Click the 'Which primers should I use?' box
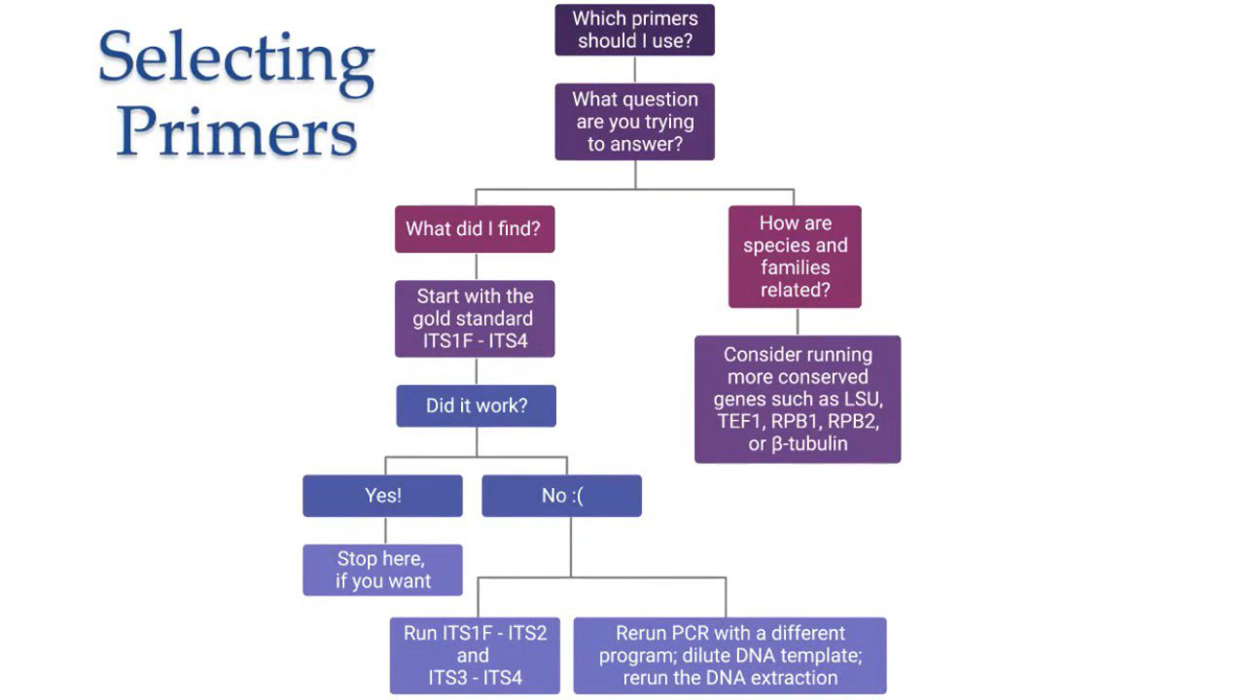click(635, 30)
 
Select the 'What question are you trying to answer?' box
click(635, 122)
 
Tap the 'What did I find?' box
click(475, 228)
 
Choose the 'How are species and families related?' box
click(795, 257)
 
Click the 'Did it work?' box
click(477, 405)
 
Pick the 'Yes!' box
click(382, 496)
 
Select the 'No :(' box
click(562, 496)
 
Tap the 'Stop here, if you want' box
click(382, 570)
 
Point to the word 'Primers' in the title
click(236, 131)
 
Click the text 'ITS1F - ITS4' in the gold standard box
click(476, 340)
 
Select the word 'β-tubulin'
click(809, 444)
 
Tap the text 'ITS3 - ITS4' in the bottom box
click(476, 678)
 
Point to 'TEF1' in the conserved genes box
click(738, 421)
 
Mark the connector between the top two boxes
click(635, 69)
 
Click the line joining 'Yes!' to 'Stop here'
click(385, 531)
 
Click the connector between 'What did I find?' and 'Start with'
click(477, 266)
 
